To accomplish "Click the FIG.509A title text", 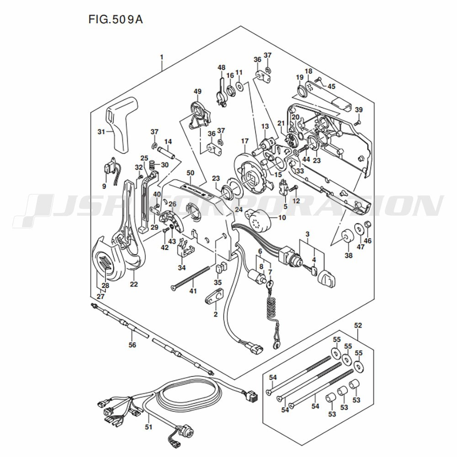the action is tap(116, 20).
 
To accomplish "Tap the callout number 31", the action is tap(101, 132).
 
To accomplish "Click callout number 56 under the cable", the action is tap(133, 345).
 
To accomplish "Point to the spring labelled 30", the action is tap(152, 165).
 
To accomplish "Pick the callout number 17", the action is tap(244, 141).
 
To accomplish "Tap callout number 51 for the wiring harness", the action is tap(149, 427).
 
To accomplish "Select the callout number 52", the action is tap(358, 325).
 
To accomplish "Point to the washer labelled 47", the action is tap(359, 228).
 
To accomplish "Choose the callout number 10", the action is tap(282, 218).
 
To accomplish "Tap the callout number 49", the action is tap(197, 91).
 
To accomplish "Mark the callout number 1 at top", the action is tap(161, 57).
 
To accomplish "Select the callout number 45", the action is tap(331, 86).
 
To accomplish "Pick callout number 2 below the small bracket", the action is tap(215, 314).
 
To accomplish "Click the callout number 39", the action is tap(359, 110).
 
